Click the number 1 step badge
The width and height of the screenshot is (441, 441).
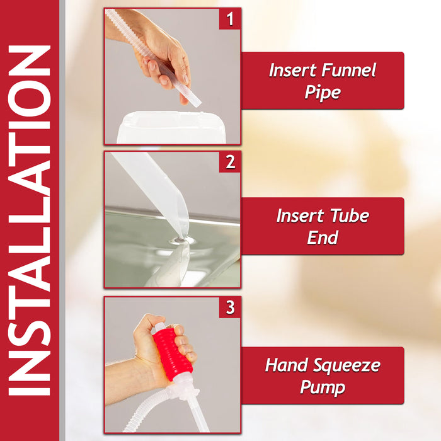[x=230, y=19]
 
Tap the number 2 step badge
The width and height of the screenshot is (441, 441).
[x=230, y=163]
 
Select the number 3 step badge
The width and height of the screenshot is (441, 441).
[x=230, y=307]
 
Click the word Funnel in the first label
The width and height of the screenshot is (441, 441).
[x=348, y=71]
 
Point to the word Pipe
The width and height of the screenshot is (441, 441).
[x=322, y=93]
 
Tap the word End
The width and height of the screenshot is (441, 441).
[x=322, y=238]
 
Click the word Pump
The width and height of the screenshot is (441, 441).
[x=322, y=387]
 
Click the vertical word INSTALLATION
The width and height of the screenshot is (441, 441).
[x=30, y=220]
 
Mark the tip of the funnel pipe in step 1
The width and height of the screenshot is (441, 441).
[x=193, y=100]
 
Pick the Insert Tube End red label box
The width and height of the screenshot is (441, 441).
[x=322, y=226]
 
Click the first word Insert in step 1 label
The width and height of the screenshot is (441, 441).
[x=292, y=71]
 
